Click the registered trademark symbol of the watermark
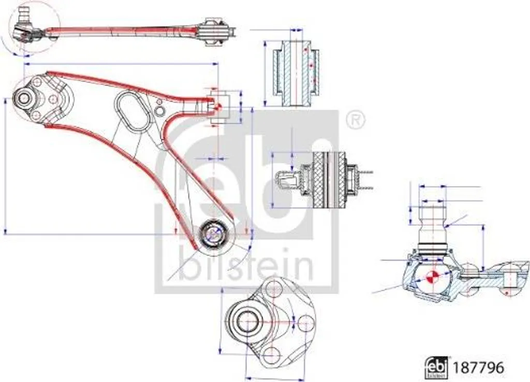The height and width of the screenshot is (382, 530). point(355,120)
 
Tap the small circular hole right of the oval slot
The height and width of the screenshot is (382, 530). point(159,110)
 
